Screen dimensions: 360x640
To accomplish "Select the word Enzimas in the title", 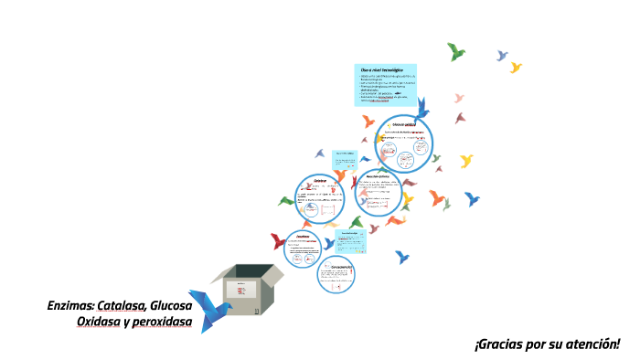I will [69, 305].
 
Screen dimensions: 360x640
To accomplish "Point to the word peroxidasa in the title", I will [163, 323].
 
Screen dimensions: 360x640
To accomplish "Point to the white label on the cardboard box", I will [242, 293].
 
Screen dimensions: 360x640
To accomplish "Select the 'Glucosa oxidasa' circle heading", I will [403, 123].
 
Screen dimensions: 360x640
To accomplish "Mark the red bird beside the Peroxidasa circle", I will [277, 241].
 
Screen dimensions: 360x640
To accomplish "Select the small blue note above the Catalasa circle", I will [344, 158].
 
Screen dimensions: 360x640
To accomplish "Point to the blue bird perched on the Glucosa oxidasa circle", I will [421, 108].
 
